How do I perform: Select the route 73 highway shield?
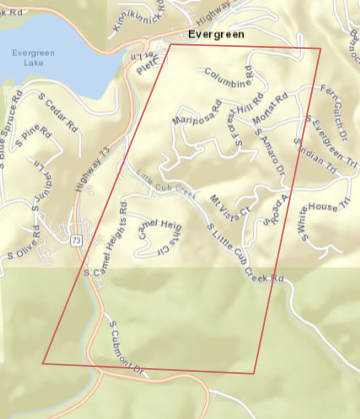76,241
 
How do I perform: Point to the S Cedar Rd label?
60,112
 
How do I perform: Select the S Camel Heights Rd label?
112,240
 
